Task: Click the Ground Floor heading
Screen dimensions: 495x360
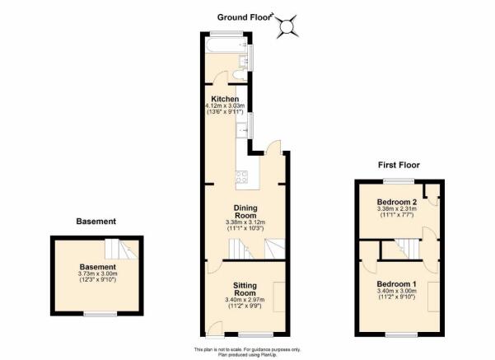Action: tap(245, 17)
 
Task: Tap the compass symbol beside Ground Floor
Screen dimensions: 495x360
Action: tap(287, 26)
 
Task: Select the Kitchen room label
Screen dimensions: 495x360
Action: tap(225, 99)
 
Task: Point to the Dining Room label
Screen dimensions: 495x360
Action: tap(245, 212)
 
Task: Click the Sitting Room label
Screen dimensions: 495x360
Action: tap(245, 289)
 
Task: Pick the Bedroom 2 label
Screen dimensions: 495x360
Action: tap(397, 202)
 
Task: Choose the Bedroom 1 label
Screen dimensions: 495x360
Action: tap(397, 283)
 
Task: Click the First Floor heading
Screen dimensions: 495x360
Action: tap(399, 165)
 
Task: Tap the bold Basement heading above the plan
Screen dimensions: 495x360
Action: tap(96, 222)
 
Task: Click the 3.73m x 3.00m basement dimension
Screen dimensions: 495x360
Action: tap(97, 274)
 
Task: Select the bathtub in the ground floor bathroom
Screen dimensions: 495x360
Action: tap(226, 46)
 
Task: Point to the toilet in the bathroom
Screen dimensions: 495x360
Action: tap(240, 76)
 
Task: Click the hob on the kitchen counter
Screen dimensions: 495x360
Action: tap(242, 177)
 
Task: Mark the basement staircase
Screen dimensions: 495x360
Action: tap(122, 249)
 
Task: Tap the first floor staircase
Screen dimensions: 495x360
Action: tap(407, 249)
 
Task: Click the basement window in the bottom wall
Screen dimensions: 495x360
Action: tap(100, 314)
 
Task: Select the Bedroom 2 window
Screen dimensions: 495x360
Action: tap(399, 181)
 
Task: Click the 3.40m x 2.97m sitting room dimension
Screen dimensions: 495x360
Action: tap(245, 300)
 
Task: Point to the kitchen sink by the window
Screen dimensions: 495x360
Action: tap(242, 129)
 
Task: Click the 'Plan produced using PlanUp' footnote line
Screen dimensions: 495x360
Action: tap(247, 354)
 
